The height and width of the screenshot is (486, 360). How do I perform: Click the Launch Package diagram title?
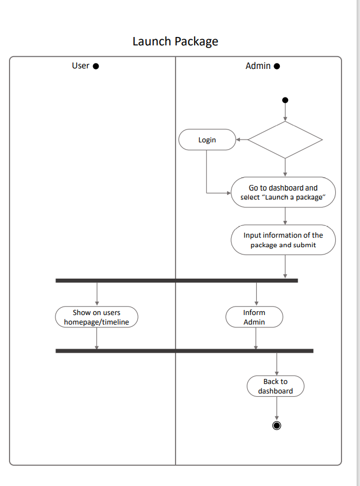tap(175, 41)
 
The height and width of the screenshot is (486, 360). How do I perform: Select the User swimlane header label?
tap(81, 66)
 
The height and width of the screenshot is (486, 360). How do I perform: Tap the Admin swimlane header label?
tap(258, 66)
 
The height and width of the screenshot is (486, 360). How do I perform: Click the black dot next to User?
tap(96, 66)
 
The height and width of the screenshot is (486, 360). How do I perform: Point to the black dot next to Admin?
tap(276, 66)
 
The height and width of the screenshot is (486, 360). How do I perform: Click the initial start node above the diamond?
tap(285, 100)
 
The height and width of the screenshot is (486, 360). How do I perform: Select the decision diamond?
tap(285, 140)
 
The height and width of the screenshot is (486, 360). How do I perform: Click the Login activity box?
tap(207, 140)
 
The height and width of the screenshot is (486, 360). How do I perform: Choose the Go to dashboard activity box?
tap(283, 192)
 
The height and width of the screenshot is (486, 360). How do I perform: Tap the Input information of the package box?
tap(283, 240)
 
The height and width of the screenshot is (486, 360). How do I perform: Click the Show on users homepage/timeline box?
tap(96, 317)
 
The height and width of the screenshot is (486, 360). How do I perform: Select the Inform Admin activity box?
tap(254, 317)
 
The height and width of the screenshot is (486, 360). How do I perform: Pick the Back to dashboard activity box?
tap(275, 386)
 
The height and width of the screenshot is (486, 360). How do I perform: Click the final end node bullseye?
tap(276, 425)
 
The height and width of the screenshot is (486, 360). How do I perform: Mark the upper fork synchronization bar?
tap(177, 280)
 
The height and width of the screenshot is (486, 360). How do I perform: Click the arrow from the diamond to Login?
tap(242, 140)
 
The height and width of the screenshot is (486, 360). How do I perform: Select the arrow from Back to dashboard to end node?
tap(276, 408)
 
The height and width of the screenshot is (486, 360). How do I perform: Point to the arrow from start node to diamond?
tap(285, 112)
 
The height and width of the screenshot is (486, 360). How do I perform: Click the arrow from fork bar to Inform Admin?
tap(257, 294)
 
